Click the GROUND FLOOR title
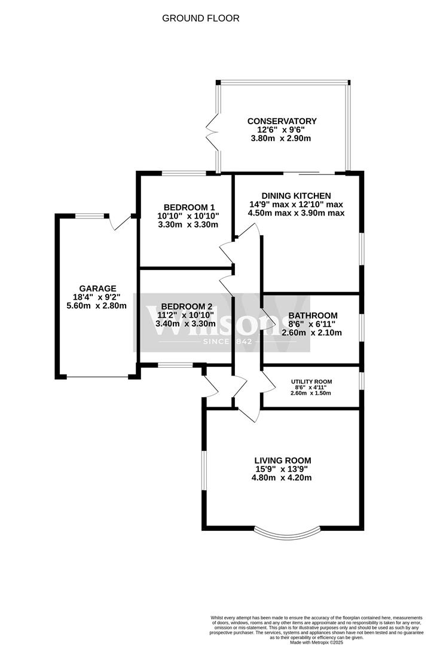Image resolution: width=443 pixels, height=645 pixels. [x=201, y=19]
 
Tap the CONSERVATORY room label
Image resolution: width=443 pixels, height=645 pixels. [x=282, y=121]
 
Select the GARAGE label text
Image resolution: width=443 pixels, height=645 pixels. [x=97, y=288]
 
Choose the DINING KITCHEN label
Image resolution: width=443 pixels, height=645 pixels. [x=297, y=195]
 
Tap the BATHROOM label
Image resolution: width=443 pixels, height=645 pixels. [x=313, y=315]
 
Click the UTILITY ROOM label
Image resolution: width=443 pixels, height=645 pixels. [x=311, y=382]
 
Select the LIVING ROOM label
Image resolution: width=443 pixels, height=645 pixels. [x=283, y=460]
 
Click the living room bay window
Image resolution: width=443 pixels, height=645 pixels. [x=283, y=531]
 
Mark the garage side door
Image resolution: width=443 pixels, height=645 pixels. [x=123, y=222]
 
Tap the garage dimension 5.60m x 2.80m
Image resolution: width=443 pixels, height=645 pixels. [x=97, y=306]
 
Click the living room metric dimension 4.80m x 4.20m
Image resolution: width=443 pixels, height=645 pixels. [x=283, y=478]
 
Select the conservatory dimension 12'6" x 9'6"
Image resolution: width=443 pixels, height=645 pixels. [x=282, y=130]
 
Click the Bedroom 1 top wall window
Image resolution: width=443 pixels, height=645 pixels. [x=185, y=174]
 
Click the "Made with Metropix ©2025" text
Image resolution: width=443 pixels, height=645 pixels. [x=316, y=642]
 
